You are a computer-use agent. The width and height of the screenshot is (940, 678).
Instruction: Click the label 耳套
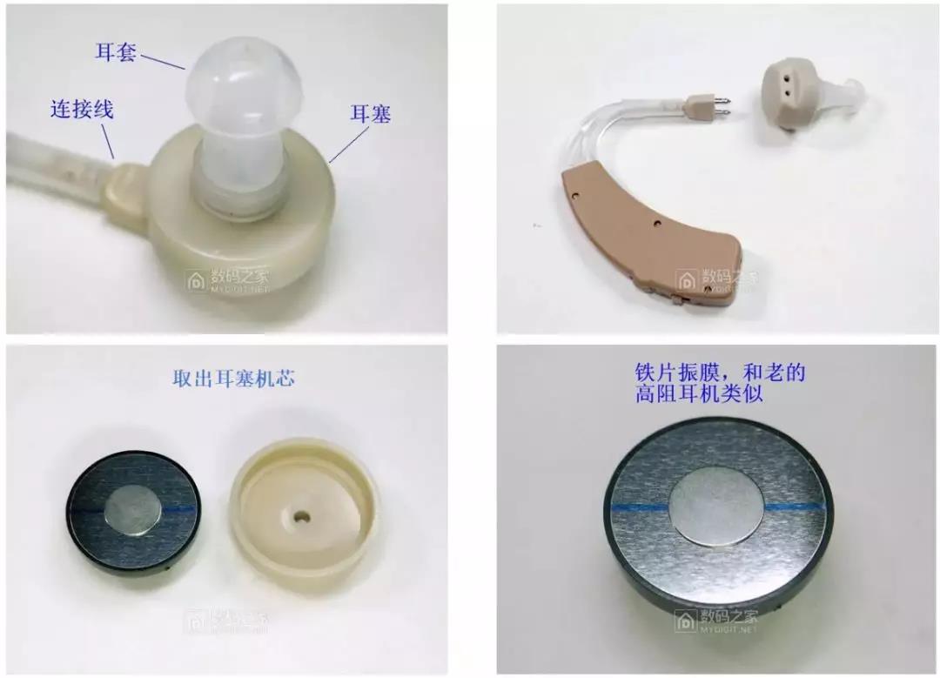(115, 50)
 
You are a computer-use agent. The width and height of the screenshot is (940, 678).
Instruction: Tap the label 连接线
(81, 111)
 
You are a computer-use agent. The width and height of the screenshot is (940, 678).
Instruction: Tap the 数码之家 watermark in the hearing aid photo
(716, 280)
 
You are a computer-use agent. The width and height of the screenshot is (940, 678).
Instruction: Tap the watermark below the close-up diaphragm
(716, 620)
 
